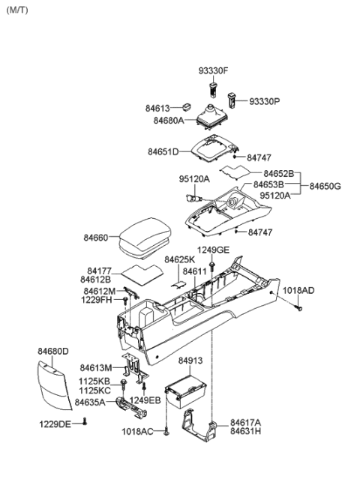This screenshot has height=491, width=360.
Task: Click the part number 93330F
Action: click(x=213, y=71)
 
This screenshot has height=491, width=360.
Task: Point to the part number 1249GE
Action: click(x=213, y=250)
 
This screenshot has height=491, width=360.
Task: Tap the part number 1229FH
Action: click(x=97, y=301)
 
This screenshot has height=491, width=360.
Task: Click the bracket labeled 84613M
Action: click(x=135, y=365)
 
